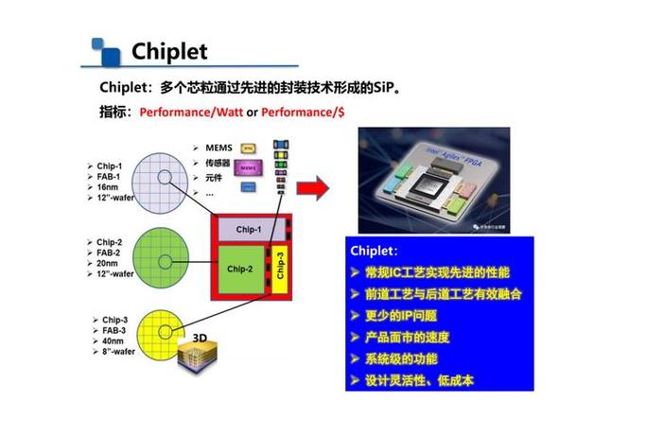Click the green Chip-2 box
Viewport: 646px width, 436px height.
click(240, 269)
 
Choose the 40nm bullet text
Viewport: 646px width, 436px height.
click(107, 340)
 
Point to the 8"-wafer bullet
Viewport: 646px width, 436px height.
click(113, 351)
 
